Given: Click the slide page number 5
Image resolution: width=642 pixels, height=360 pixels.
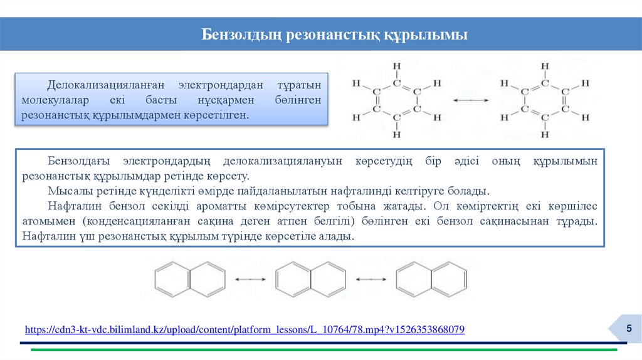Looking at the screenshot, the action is [629, 329].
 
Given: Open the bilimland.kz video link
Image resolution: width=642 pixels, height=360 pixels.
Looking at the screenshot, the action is [245, 329].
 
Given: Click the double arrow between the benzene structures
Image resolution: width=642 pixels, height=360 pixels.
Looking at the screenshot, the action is [471, 100].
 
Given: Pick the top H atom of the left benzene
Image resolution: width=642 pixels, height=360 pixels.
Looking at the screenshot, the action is [396, 65].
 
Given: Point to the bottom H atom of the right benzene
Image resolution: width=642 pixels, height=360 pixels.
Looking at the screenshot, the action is [544, 134].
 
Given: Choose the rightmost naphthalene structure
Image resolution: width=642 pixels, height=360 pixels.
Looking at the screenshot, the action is [431, 277].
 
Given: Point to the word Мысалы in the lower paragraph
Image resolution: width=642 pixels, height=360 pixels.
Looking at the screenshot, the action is [66, 191].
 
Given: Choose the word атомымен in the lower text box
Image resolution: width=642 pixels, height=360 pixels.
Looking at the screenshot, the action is [48, 221].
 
